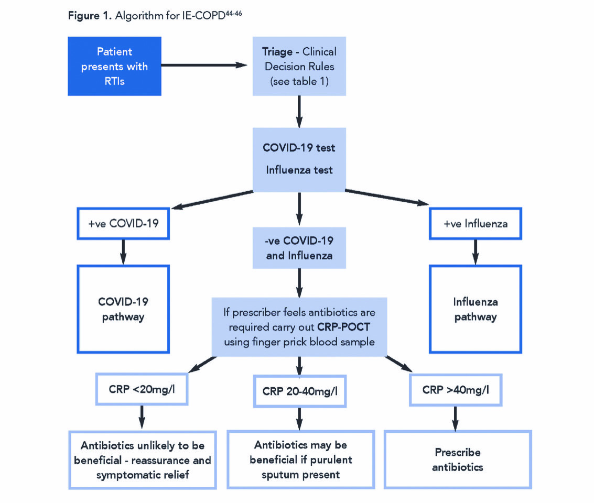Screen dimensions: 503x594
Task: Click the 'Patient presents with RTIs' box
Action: [x=114, y=66]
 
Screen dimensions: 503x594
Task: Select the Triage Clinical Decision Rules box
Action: [x=299, y=66]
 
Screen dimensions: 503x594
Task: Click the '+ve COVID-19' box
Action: [x=124, y=224]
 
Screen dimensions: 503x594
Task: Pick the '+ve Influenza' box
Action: [x=475, y=224]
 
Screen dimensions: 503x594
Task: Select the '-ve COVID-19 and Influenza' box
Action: [x=299, y=248]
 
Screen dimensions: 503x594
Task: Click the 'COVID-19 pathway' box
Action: [x=124, y=309]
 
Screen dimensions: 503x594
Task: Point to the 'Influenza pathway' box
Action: [x=476, y=309]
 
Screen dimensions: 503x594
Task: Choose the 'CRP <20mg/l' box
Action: [x=142, y=389]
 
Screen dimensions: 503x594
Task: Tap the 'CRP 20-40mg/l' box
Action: [x=299, y=391]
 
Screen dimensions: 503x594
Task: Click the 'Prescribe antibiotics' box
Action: [x=457, y=459]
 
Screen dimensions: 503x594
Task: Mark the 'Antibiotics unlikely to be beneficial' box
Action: [x=143, y=460]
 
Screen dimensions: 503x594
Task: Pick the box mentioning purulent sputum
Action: [x=300, y=460]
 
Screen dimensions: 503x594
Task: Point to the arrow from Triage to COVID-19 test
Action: [x=299, y=111]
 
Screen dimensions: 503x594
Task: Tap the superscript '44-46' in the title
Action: [x=233, y=12]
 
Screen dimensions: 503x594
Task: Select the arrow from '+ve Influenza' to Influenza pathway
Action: [x=476, y=251]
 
